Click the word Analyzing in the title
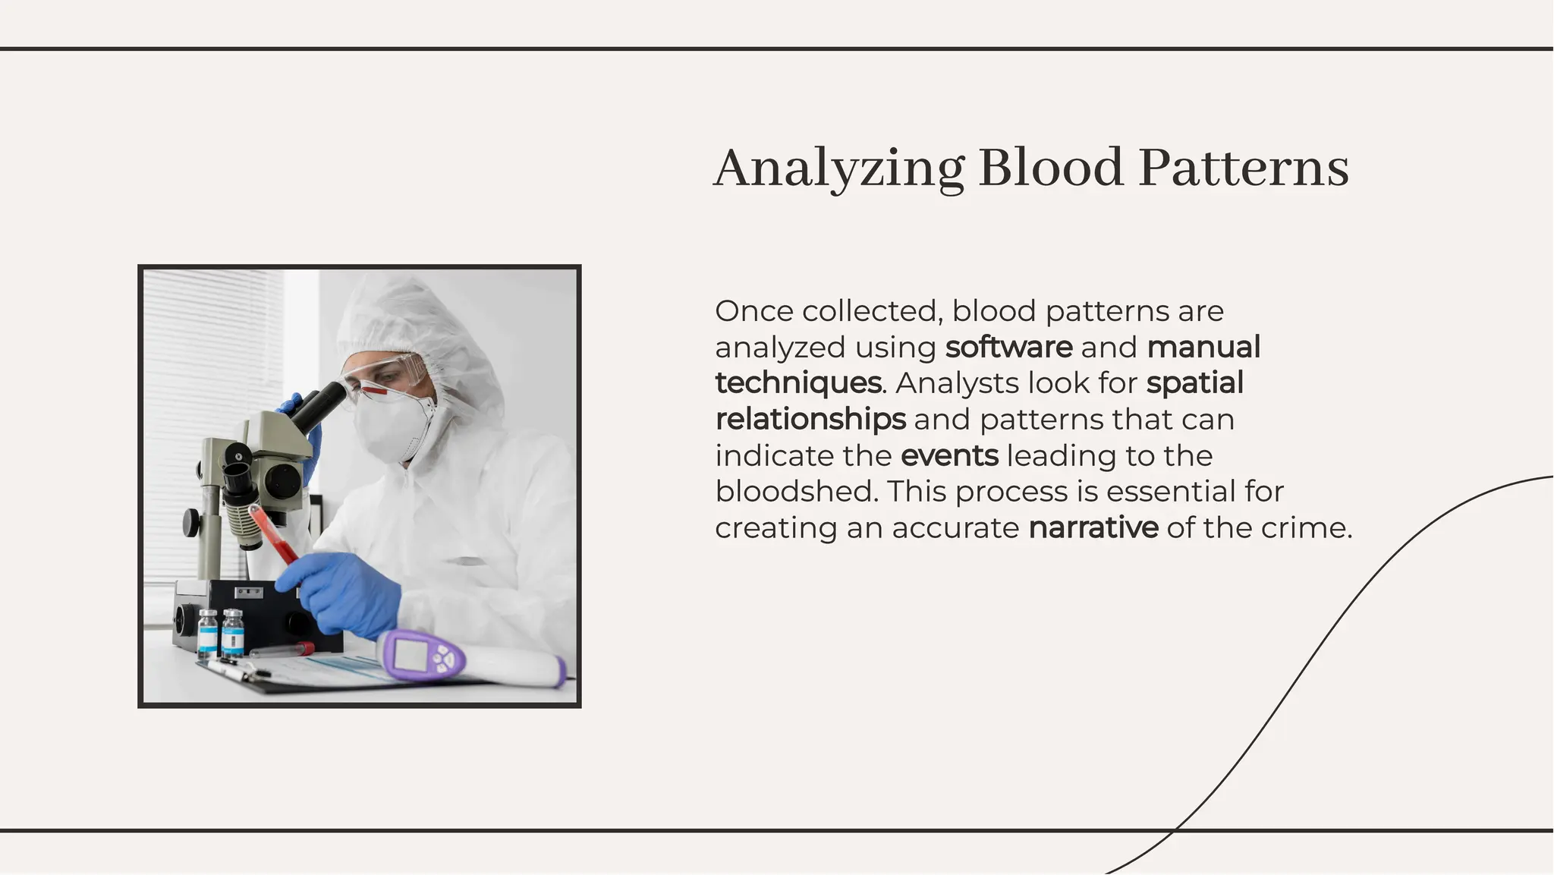[838, 168]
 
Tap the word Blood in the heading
[1050, 168]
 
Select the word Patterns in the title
[1244, 168]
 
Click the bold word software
[1008, 348]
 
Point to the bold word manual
[1203, 348]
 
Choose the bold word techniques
[798, 383]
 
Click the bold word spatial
[1194, 383]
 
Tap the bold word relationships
[810, 419]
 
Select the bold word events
[949, 455]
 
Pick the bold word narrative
[1093, 527]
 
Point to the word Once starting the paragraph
[753, 311]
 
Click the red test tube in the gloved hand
[272, 535]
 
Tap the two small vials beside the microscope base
[220, 632]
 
